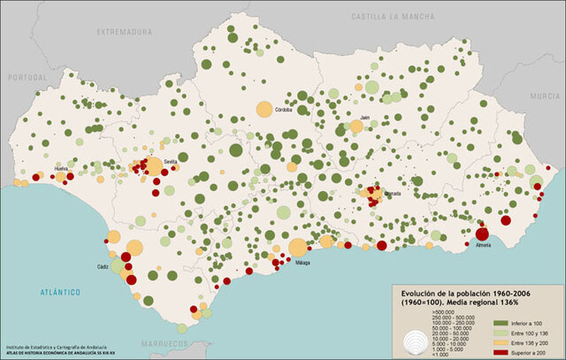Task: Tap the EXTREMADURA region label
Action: (124, 32)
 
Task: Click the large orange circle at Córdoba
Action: (264, 109)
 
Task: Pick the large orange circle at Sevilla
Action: (154, 166)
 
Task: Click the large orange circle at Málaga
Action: (298, 248)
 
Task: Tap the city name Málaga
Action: (303, 263)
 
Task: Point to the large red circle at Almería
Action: (482, 235)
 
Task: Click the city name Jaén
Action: (364, 116)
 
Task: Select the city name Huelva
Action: (61, 167)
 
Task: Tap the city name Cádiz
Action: (103, 266)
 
